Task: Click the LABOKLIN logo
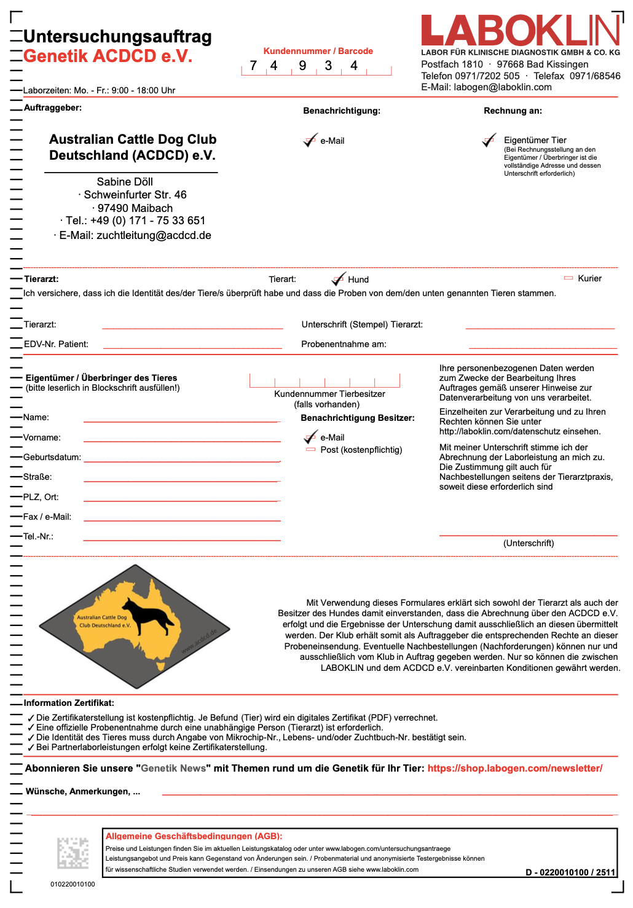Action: (x=520, y=31)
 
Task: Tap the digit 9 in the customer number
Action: (x=302, y=66)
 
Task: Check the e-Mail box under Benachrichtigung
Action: (x=310, y=141)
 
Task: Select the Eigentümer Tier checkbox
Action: (x=489, y=141)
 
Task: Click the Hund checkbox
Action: (x=338, y=280)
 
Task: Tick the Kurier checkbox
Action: (x=568, y=278)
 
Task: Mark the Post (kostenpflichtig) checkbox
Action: (x=310, y=450)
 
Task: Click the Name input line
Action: (x=181, y=420)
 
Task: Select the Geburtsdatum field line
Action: (x=181, y=460)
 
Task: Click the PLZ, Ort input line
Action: (x=181, y=500)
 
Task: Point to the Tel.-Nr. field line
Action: (x=181, y=539)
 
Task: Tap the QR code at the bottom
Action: (x=73, y=853)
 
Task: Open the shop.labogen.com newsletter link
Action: (x=514, y=768)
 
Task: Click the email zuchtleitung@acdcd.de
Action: (x=154, y=235)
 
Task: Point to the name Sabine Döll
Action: (x=125, y=182)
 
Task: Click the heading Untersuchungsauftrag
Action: (x=117, y=37)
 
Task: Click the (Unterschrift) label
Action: (x=529, y=543)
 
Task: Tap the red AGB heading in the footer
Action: (x=194, y=836)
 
